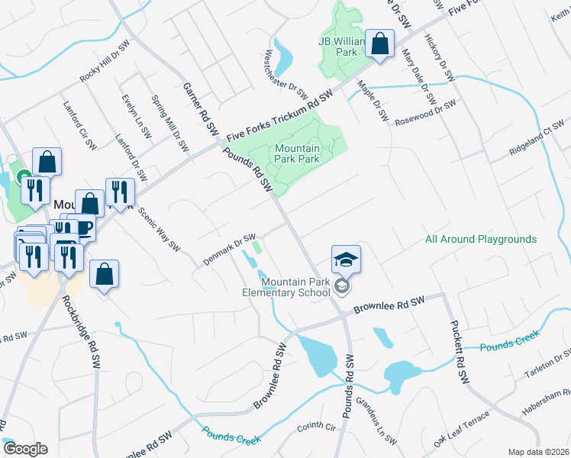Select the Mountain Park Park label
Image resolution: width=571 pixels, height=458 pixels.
296,154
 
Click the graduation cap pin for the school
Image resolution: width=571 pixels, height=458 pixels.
346,260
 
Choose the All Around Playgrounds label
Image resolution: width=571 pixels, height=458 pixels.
480,239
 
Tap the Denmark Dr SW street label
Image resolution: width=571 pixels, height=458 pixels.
229,250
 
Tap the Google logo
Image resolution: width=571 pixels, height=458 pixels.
24,448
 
